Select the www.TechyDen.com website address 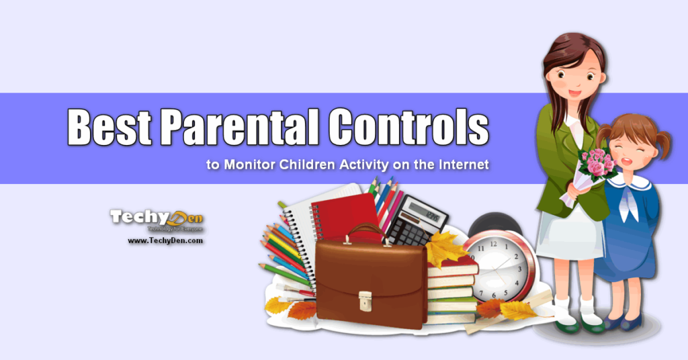165,240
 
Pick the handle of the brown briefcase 366,232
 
